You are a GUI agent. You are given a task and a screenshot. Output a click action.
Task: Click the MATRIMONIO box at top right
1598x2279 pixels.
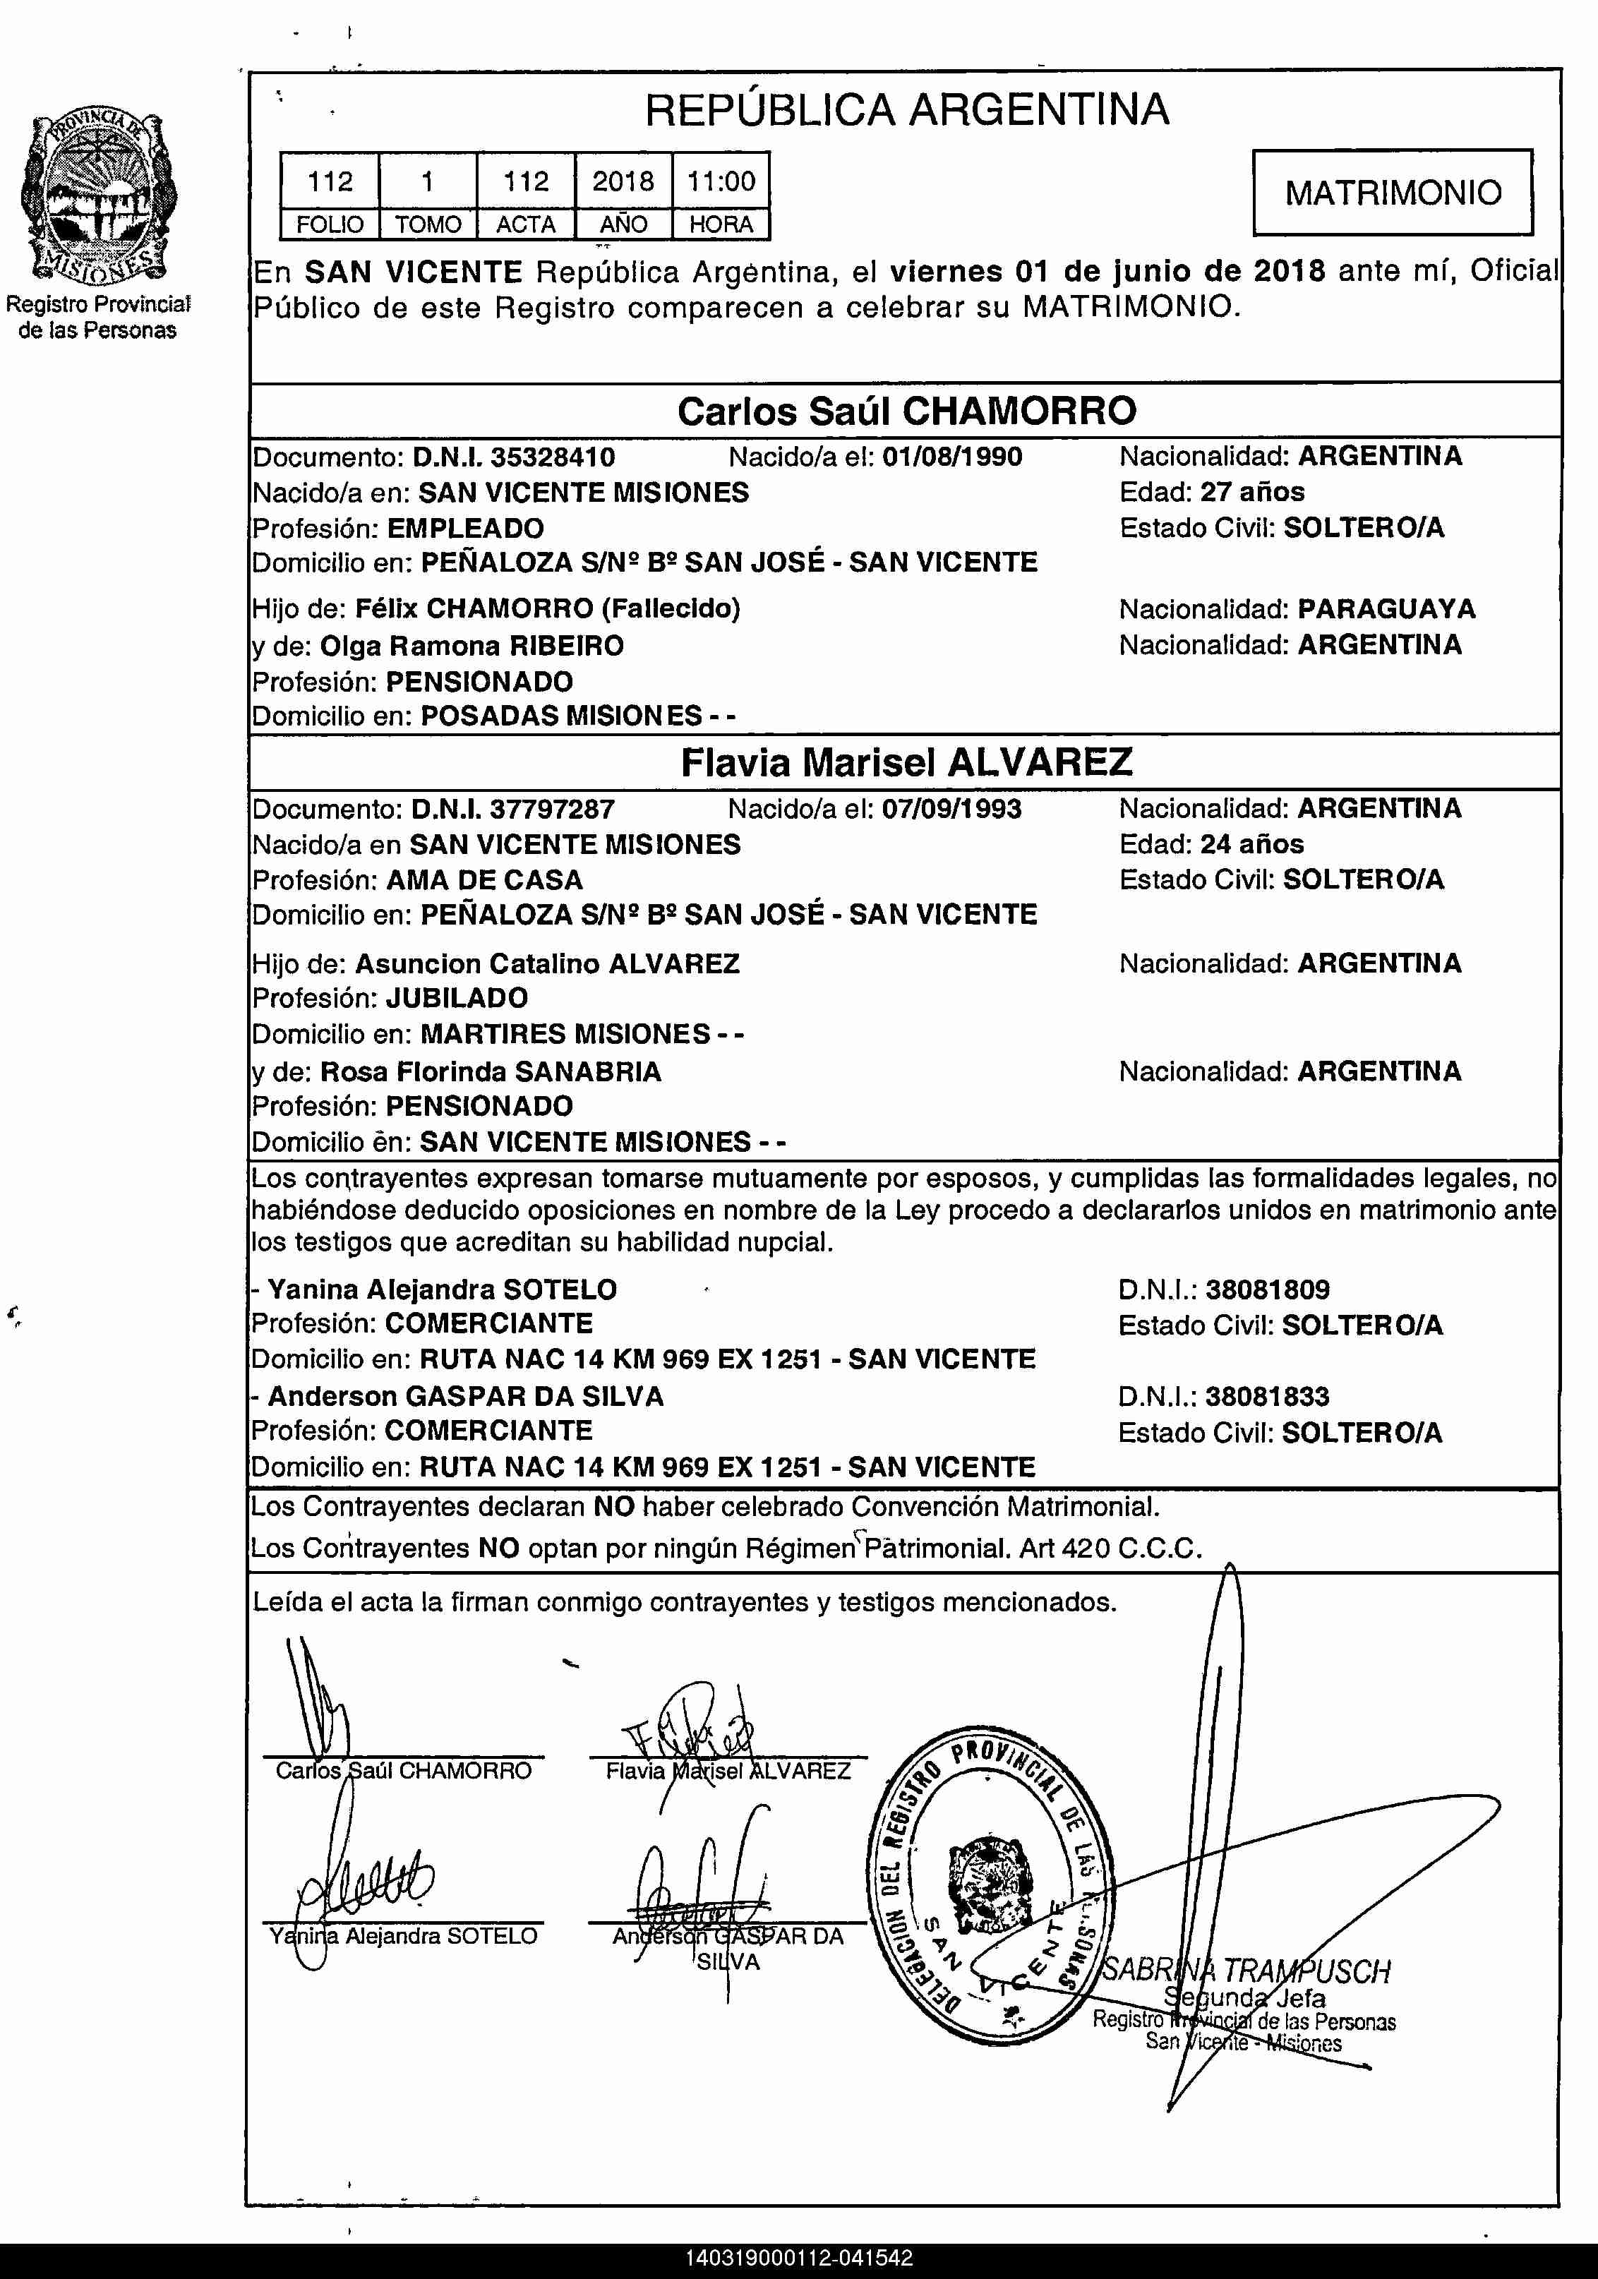coord(1393,193)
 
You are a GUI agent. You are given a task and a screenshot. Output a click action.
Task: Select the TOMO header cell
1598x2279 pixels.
coord(428,224)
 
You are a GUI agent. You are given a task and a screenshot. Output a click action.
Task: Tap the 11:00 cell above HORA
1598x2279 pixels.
coord(721,181)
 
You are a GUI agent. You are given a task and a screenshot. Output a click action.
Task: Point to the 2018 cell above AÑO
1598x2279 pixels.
coord(623,181)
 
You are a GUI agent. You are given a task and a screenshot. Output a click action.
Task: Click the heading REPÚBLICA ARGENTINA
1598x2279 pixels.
coord(906,109)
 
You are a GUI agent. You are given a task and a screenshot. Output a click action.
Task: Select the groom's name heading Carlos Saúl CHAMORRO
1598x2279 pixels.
coord(906,411)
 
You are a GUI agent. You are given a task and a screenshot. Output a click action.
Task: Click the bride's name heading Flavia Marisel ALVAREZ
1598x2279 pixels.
coord(906,762)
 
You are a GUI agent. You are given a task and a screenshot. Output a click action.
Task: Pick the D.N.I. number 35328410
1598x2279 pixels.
coord(553,457)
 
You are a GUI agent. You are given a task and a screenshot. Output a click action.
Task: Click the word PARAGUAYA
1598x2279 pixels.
coord(1386,608)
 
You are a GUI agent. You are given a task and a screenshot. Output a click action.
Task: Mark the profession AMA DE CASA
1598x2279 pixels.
coord(484,879)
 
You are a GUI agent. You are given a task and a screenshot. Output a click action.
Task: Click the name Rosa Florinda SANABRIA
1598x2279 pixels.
coord(491,1072)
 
